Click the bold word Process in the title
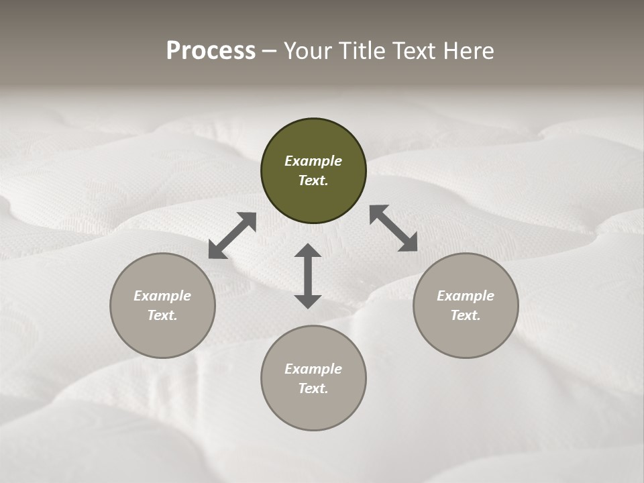point(211,51)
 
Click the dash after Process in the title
point(269,52)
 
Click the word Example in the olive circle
point(313,161)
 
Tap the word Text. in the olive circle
point(313,180)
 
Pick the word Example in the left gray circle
point(162,296)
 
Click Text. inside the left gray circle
point(162,315)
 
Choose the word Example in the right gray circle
point(466,296)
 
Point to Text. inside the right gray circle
point(466,315)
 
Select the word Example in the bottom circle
point(313,369)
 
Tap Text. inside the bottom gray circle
point(313,388)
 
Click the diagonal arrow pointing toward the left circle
point(232,235)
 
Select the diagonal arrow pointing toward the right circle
point(394,228)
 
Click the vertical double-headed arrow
point(308,276)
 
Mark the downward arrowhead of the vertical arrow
point(308,301)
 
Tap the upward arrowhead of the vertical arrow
point(308,252)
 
